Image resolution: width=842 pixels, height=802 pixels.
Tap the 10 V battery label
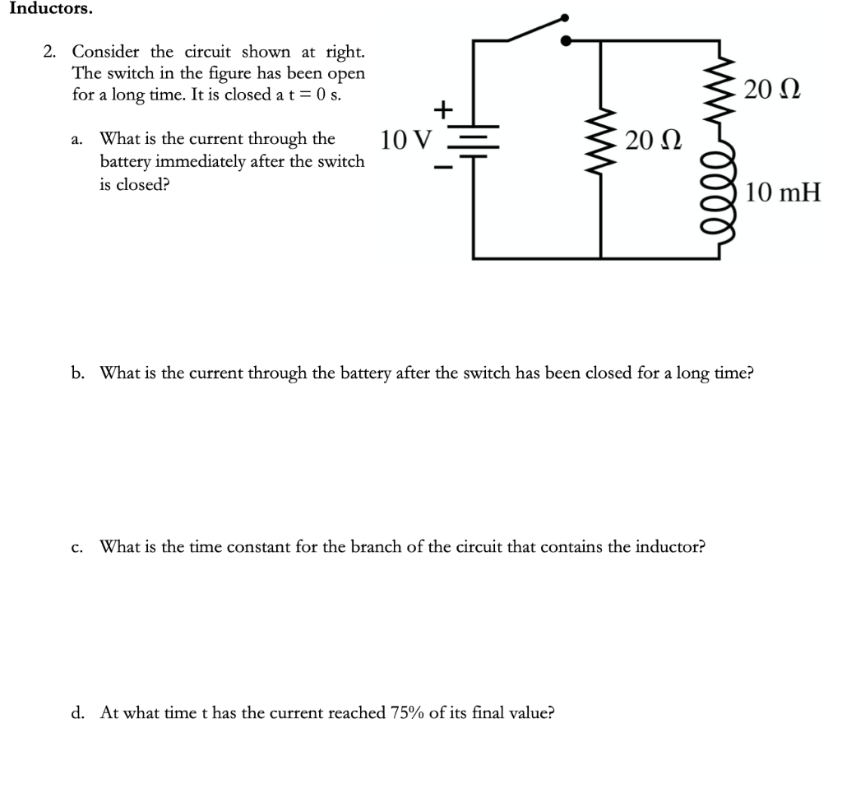(x=405, y=141)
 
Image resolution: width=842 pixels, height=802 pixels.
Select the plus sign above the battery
(x=443, y=108)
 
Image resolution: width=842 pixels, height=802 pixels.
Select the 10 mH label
(x=784, y=194)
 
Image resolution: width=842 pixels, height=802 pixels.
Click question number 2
(x=50, y=53)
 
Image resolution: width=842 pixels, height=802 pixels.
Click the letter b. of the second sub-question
(x=78, y=373)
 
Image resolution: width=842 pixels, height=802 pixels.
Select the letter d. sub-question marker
(x=78, y=712)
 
